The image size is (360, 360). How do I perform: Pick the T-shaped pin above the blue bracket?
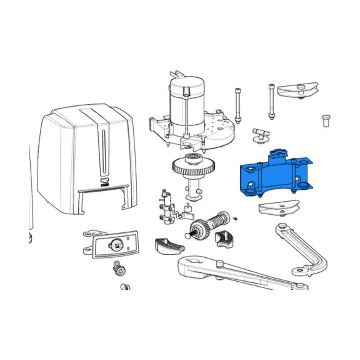click(x=260, y=134)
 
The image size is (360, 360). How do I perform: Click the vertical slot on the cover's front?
click(x=105, y=153)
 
